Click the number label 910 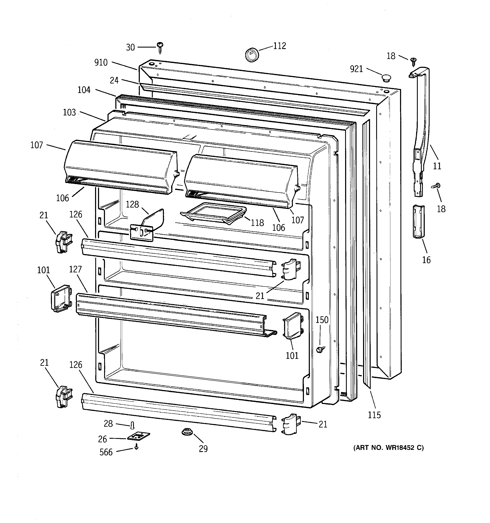(101, 63)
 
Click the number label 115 (374, 415)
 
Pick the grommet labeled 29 (187, 432)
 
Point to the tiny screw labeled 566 (136, 447)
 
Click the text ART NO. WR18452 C (388, 448)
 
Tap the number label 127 (75, 269)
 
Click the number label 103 (69, 112)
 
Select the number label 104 (84, 90)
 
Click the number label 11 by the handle (437, 166)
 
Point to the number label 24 (114, 81)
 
